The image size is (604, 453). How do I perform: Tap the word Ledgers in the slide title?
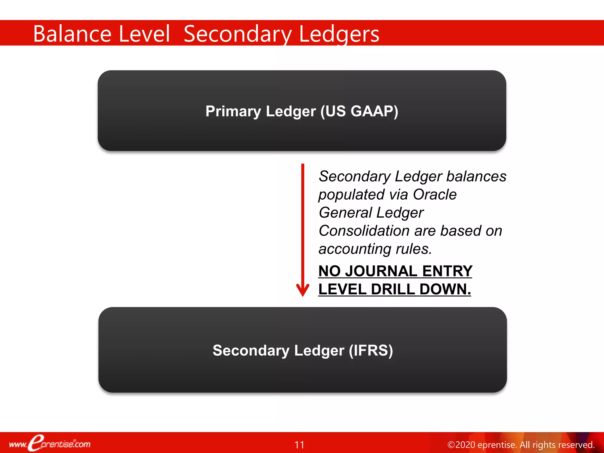[x=339, y=35]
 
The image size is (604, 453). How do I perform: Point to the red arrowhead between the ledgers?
[x=303, y=290]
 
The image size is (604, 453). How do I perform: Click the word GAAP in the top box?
[x=374, y=111]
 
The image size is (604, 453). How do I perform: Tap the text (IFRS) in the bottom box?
[x=371, y=350]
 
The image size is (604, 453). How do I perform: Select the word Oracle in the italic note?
[x=435, y=195]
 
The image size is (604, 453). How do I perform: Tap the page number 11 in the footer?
[x=299, y=445]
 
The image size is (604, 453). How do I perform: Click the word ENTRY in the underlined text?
[x=447, y=271]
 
